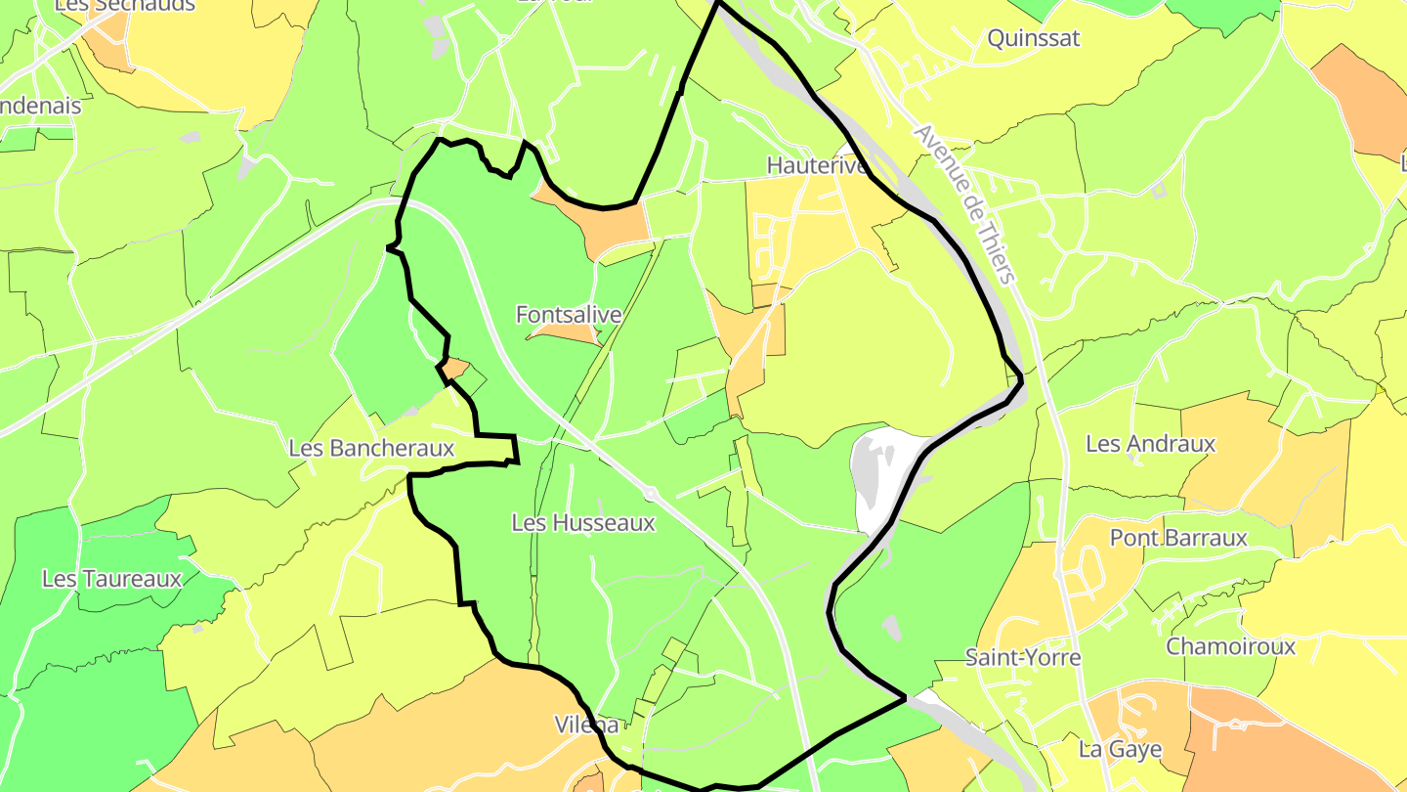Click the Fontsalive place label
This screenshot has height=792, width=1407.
click(569, 315)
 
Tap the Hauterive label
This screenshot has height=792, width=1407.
click(817, 165)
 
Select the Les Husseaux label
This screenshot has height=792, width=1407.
click(583, 523)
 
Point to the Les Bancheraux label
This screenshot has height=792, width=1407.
click(371, 448)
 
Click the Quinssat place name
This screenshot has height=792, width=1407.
click(1034, 38)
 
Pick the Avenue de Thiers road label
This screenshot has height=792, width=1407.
click(964, 204)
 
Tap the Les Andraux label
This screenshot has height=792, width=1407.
click(1150, 444)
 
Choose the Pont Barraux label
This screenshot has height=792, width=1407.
click(1178, 538)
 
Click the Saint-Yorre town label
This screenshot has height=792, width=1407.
click(1023, 657)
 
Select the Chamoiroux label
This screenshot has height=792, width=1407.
click(1230, 646)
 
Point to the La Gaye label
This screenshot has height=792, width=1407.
click(1120, 750)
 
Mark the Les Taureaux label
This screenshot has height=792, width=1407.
click(111, 579)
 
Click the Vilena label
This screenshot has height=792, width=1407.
click(586, 725)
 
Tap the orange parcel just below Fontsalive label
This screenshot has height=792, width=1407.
click(567, 334)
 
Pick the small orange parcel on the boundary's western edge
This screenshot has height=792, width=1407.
click(455, 369)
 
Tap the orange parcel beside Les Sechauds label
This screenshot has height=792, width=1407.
click(115, 44)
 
